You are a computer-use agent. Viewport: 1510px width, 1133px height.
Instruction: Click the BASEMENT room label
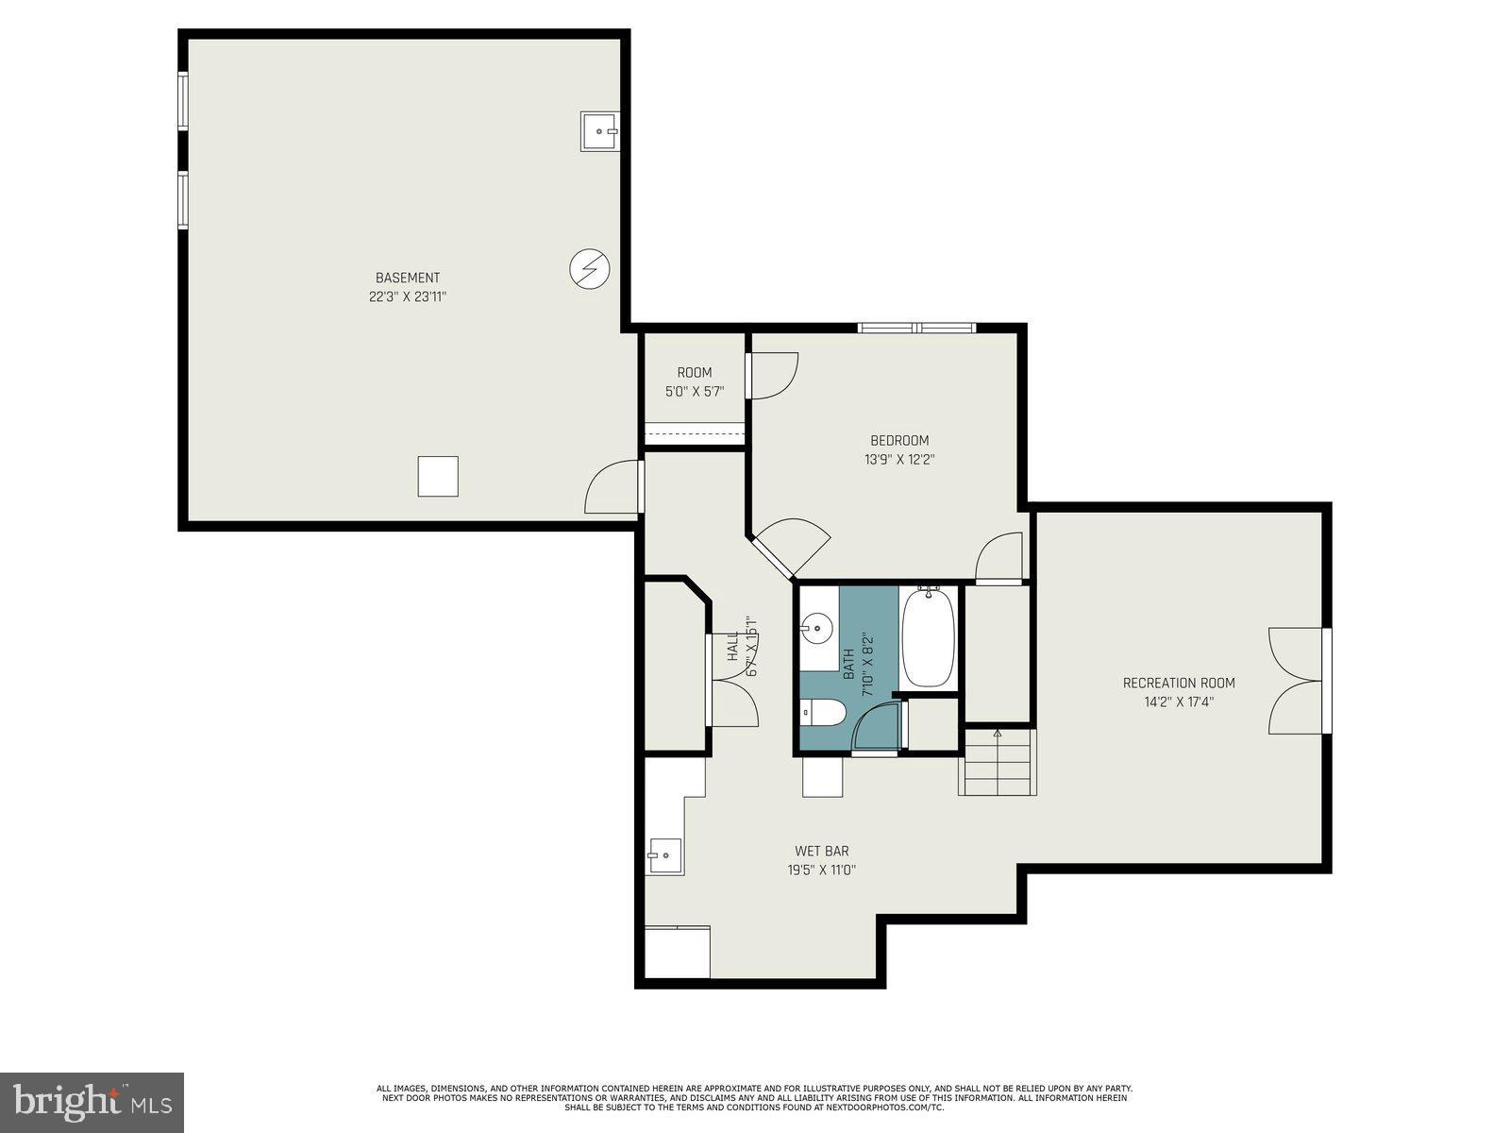[x=408, y=278]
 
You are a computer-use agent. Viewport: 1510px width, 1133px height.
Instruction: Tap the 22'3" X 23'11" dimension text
[x=408, y=296]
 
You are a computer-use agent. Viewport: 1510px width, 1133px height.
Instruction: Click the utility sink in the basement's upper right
[x=599, y=131]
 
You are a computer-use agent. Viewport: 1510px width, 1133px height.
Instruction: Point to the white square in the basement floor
[x=438, y=476]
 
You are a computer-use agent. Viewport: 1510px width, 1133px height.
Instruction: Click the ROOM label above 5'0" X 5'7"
[x=695, y=372]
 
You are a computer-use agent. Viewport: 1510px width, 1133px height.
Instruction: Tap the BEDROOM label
[x=899, y=440]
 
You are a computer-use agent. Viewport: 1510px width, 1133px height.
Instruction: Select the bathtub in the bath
[x=928, y=637]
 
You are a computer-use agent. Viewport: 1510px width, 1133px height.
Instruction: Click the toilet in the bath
[x=823, y=712]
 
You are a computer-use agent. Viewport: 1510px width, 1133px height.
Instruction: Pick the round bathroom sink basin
[x=816, y=627]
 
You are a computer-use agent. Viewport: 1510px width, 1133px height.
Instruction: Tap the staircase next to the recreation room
[x=998, y=762]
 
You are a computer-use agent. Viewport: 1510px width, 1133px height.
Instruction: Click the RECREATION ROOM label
[x=1179, y=683]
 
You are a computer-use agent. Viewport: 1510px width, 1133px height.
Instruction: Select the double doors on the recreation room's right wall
[x=1298, y=681]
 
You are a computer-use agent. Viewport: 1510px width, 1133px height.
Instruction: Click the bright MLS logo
[x=92, y=1102]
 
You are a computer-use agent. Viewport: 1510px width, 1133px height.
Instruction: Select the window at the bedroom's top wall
[x=916, y=328]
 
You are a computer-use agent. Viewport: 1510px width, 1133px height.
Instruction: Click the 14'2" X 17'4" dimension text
[x=1179, y=702]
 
